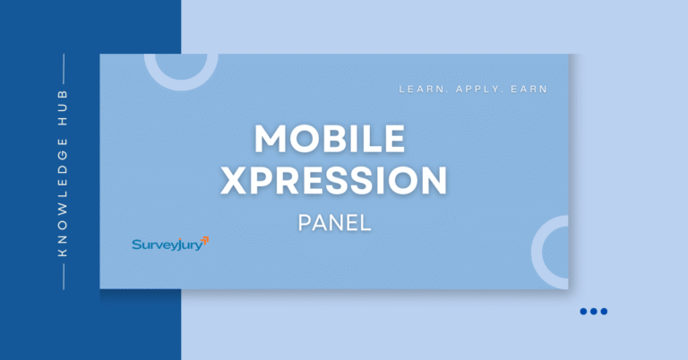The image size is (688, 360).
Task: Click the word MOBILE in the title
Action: coord(330,138)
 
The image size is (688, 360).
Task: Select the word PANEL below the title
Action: coord(333,222)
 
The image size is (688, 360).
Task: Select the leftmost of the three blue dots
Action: coord(583,311)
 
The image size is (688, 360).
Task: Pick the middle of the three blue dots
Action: coord(594,311)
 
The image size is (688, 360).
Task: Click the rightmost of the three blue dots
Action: coord(605,311)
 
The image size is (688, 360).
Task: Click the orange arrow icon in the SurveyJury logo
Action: coord(205,239)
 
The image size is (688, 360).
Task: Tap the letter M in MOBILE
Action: coord(271,138)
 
